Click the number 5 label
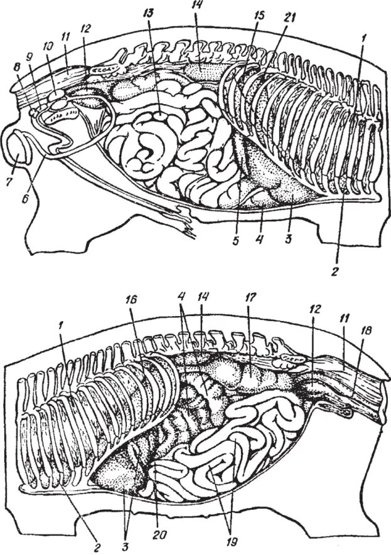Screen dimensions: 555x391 [236, 239]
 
